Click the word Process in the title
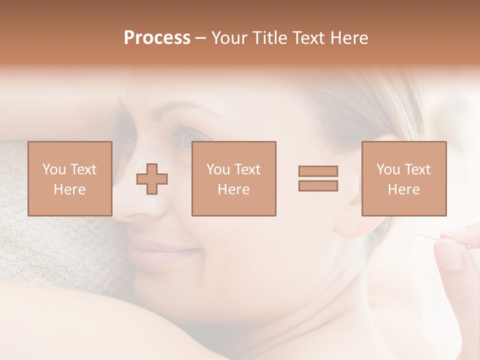pyautogui.click(x=157, y=38)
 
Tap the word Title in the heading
pyautogui.click(x=270, y=38)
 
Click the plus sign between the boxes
pyautogui.click(x=152, y=179)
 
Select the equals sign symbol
pyautogui.click(x=318, y=178)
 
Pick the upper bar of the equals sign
pyautogui.click(x=318, y=171)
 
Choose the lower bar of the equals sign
pyautogui.click(x=318, y=186)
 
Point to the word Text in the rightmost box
pyautogui.click(x=417, y=169)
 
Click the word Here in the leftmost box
pyautogui.click(x=69, y=189)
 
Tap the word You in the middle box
pyautogui.click(x=218, y=169)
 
